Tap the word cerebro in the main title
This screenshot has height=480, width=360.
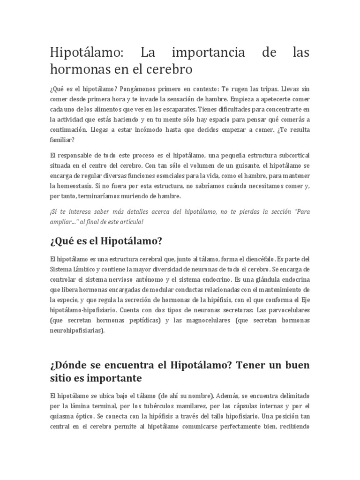tap(167, 70)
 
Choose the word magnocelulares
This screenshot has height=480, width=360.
tap(202, 321)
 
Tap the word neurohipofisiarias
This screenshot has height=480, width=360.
tap(77, 330)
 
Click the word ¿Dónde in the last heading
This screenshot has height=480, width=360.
tap(69, 364)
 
